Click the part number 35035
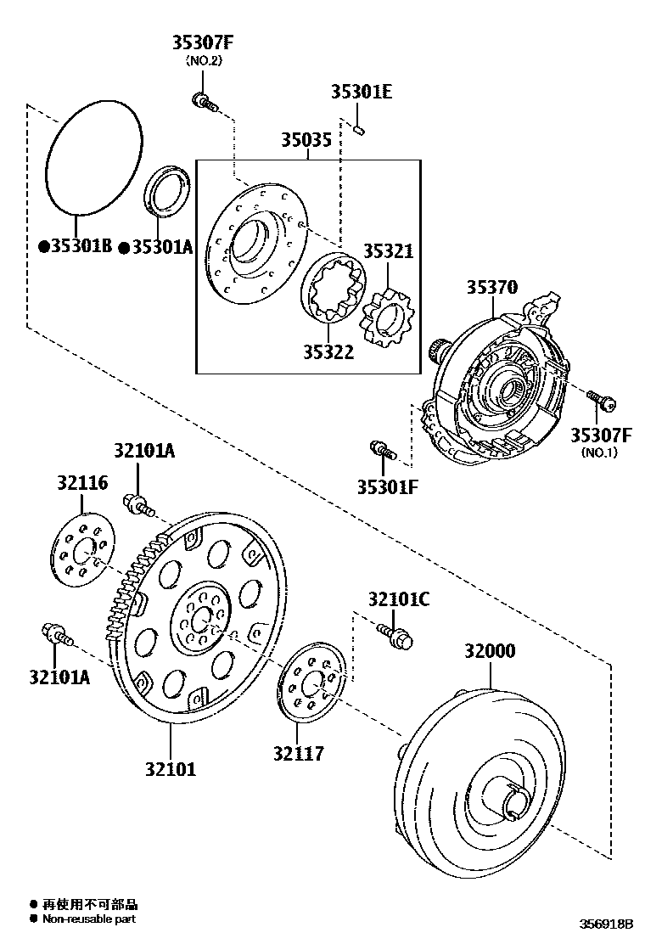coord(306,141)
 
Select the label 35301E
coord(361,92)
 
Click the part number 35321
coord(388,251)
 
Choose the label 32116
coord(82,482)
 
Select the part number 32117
coord(298,752)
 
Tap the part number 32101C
coord(398,599)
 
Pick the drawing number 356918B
coord(606,924)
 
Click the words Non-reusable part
coord(89,919)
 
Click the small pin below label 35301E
coord(360,130)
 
